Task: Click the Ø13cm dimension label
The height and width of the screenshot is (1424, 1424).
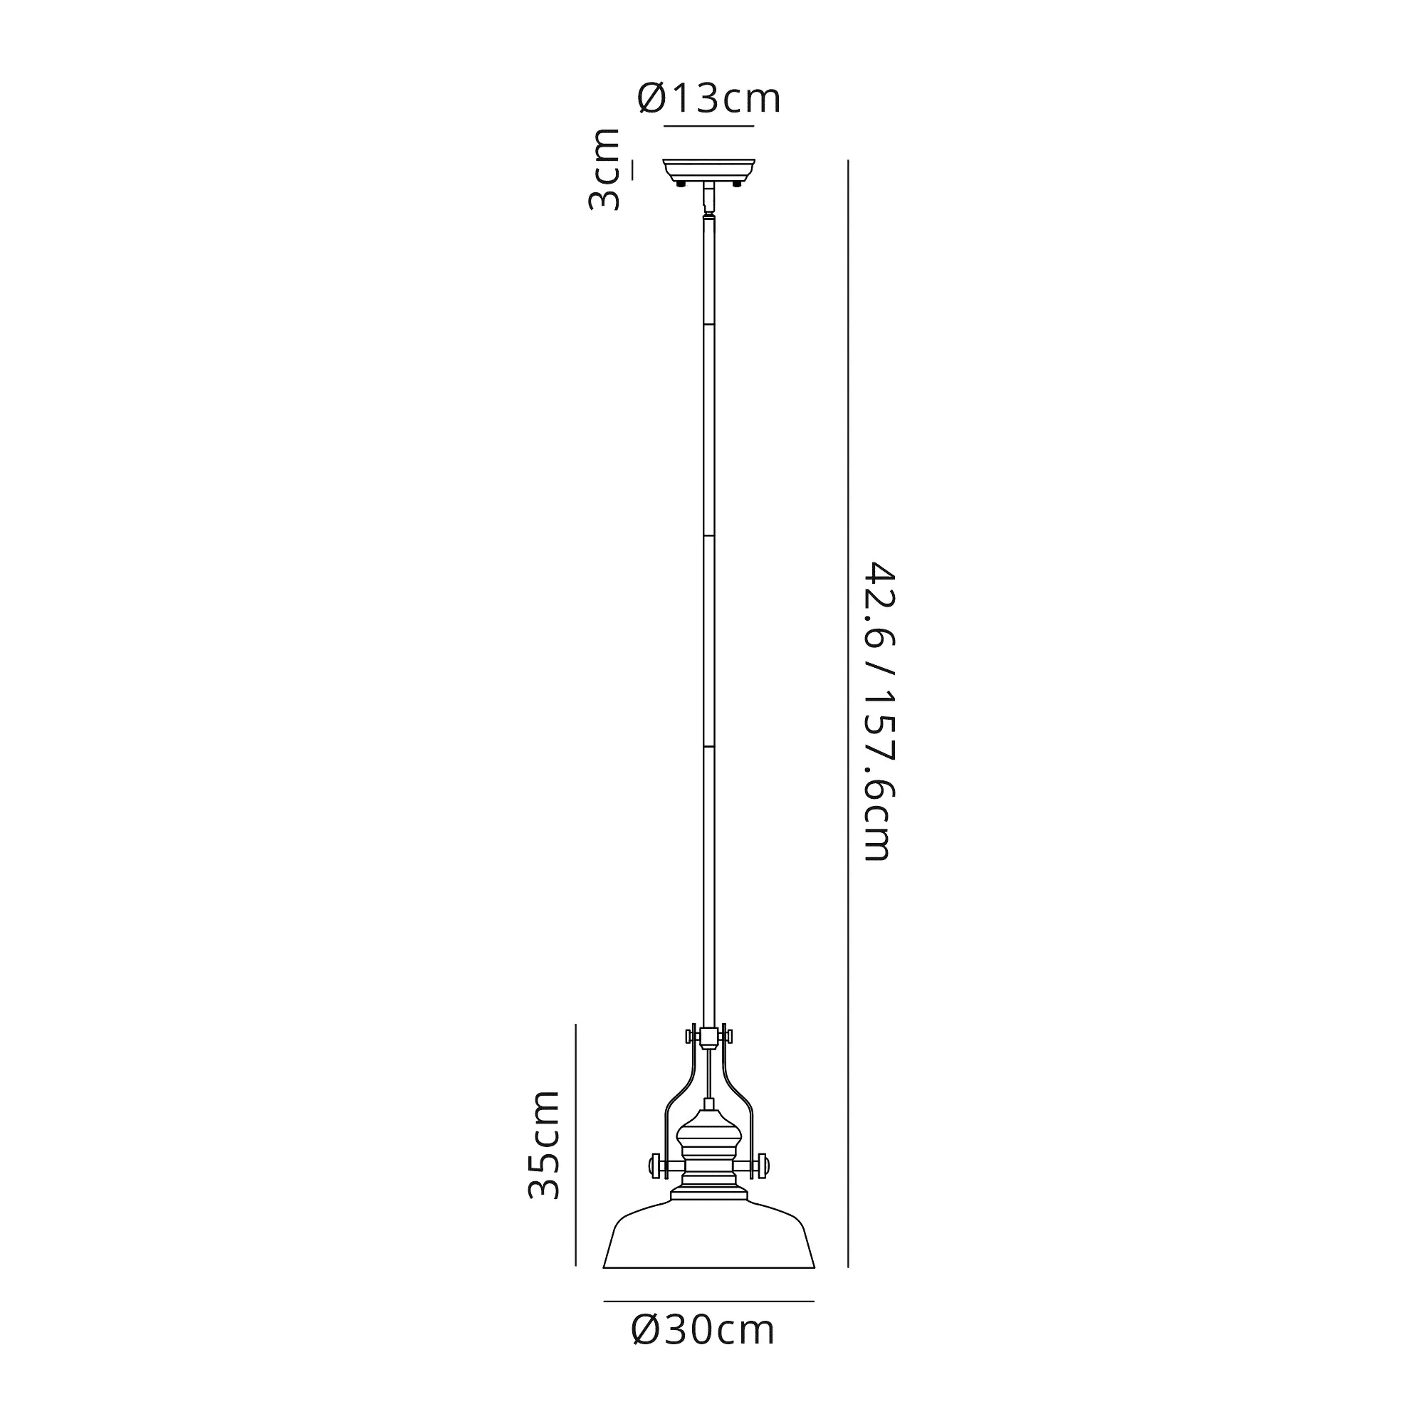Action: tap(708, 99)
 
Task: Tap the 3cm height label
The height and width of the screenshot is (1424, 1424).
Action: tap(604, 169)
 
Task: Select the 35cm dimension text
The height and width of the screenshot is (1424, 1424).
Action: tap(545, 1154)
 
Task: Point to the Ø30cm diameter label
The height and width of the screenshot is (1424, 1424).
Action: tap(703, 1351)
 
